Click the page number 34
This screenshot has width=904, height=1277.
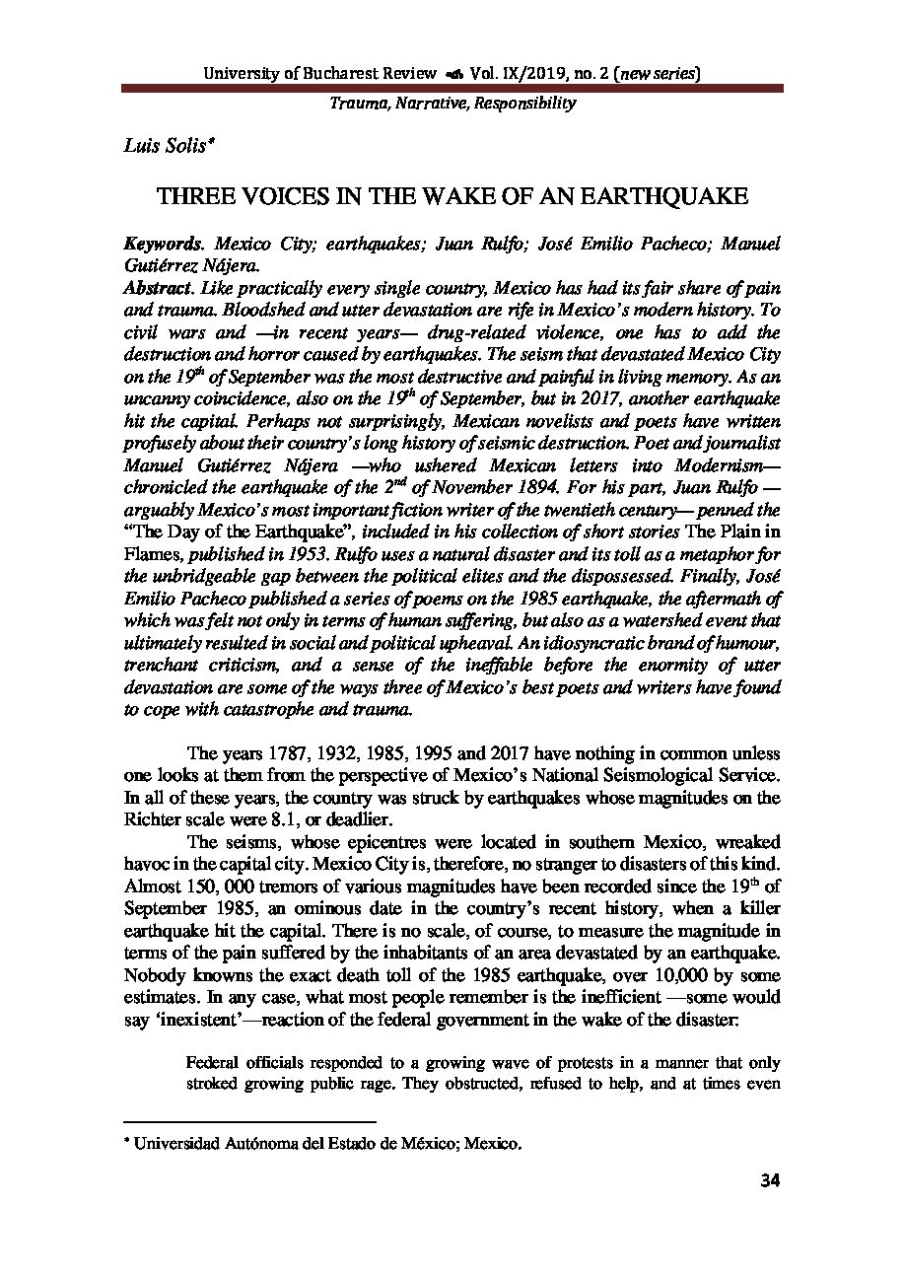[771, 1182]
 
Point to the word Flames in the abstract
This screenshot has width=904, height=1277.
[150, 553]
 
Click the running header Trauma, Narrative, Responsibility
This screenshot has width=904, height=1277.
[452, 102]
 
